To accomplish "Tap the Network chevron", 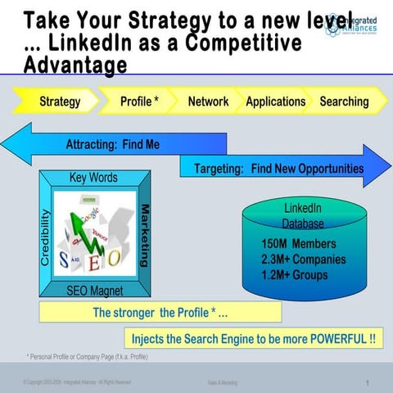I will (x=208, y=102).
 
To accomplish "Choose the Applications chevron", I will (x=275, y=102).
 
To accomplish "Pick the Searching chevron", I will (x=344, y=102).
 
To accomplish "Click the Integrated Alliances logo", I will (x=353, y=22).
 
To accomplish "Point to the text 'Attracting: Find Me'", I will (x=112, y=145).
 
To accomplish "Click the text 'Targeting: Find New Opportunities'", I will (x=278, y=169).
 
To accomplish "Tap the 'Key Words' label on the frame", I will (x=93, y=178).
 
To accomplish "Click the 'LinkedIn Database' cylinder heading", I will (x=302, y=215).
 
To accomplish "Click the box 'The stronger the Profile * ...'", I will (x=160, y=312).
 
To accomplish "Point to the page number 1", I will (x=368, y=382).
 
